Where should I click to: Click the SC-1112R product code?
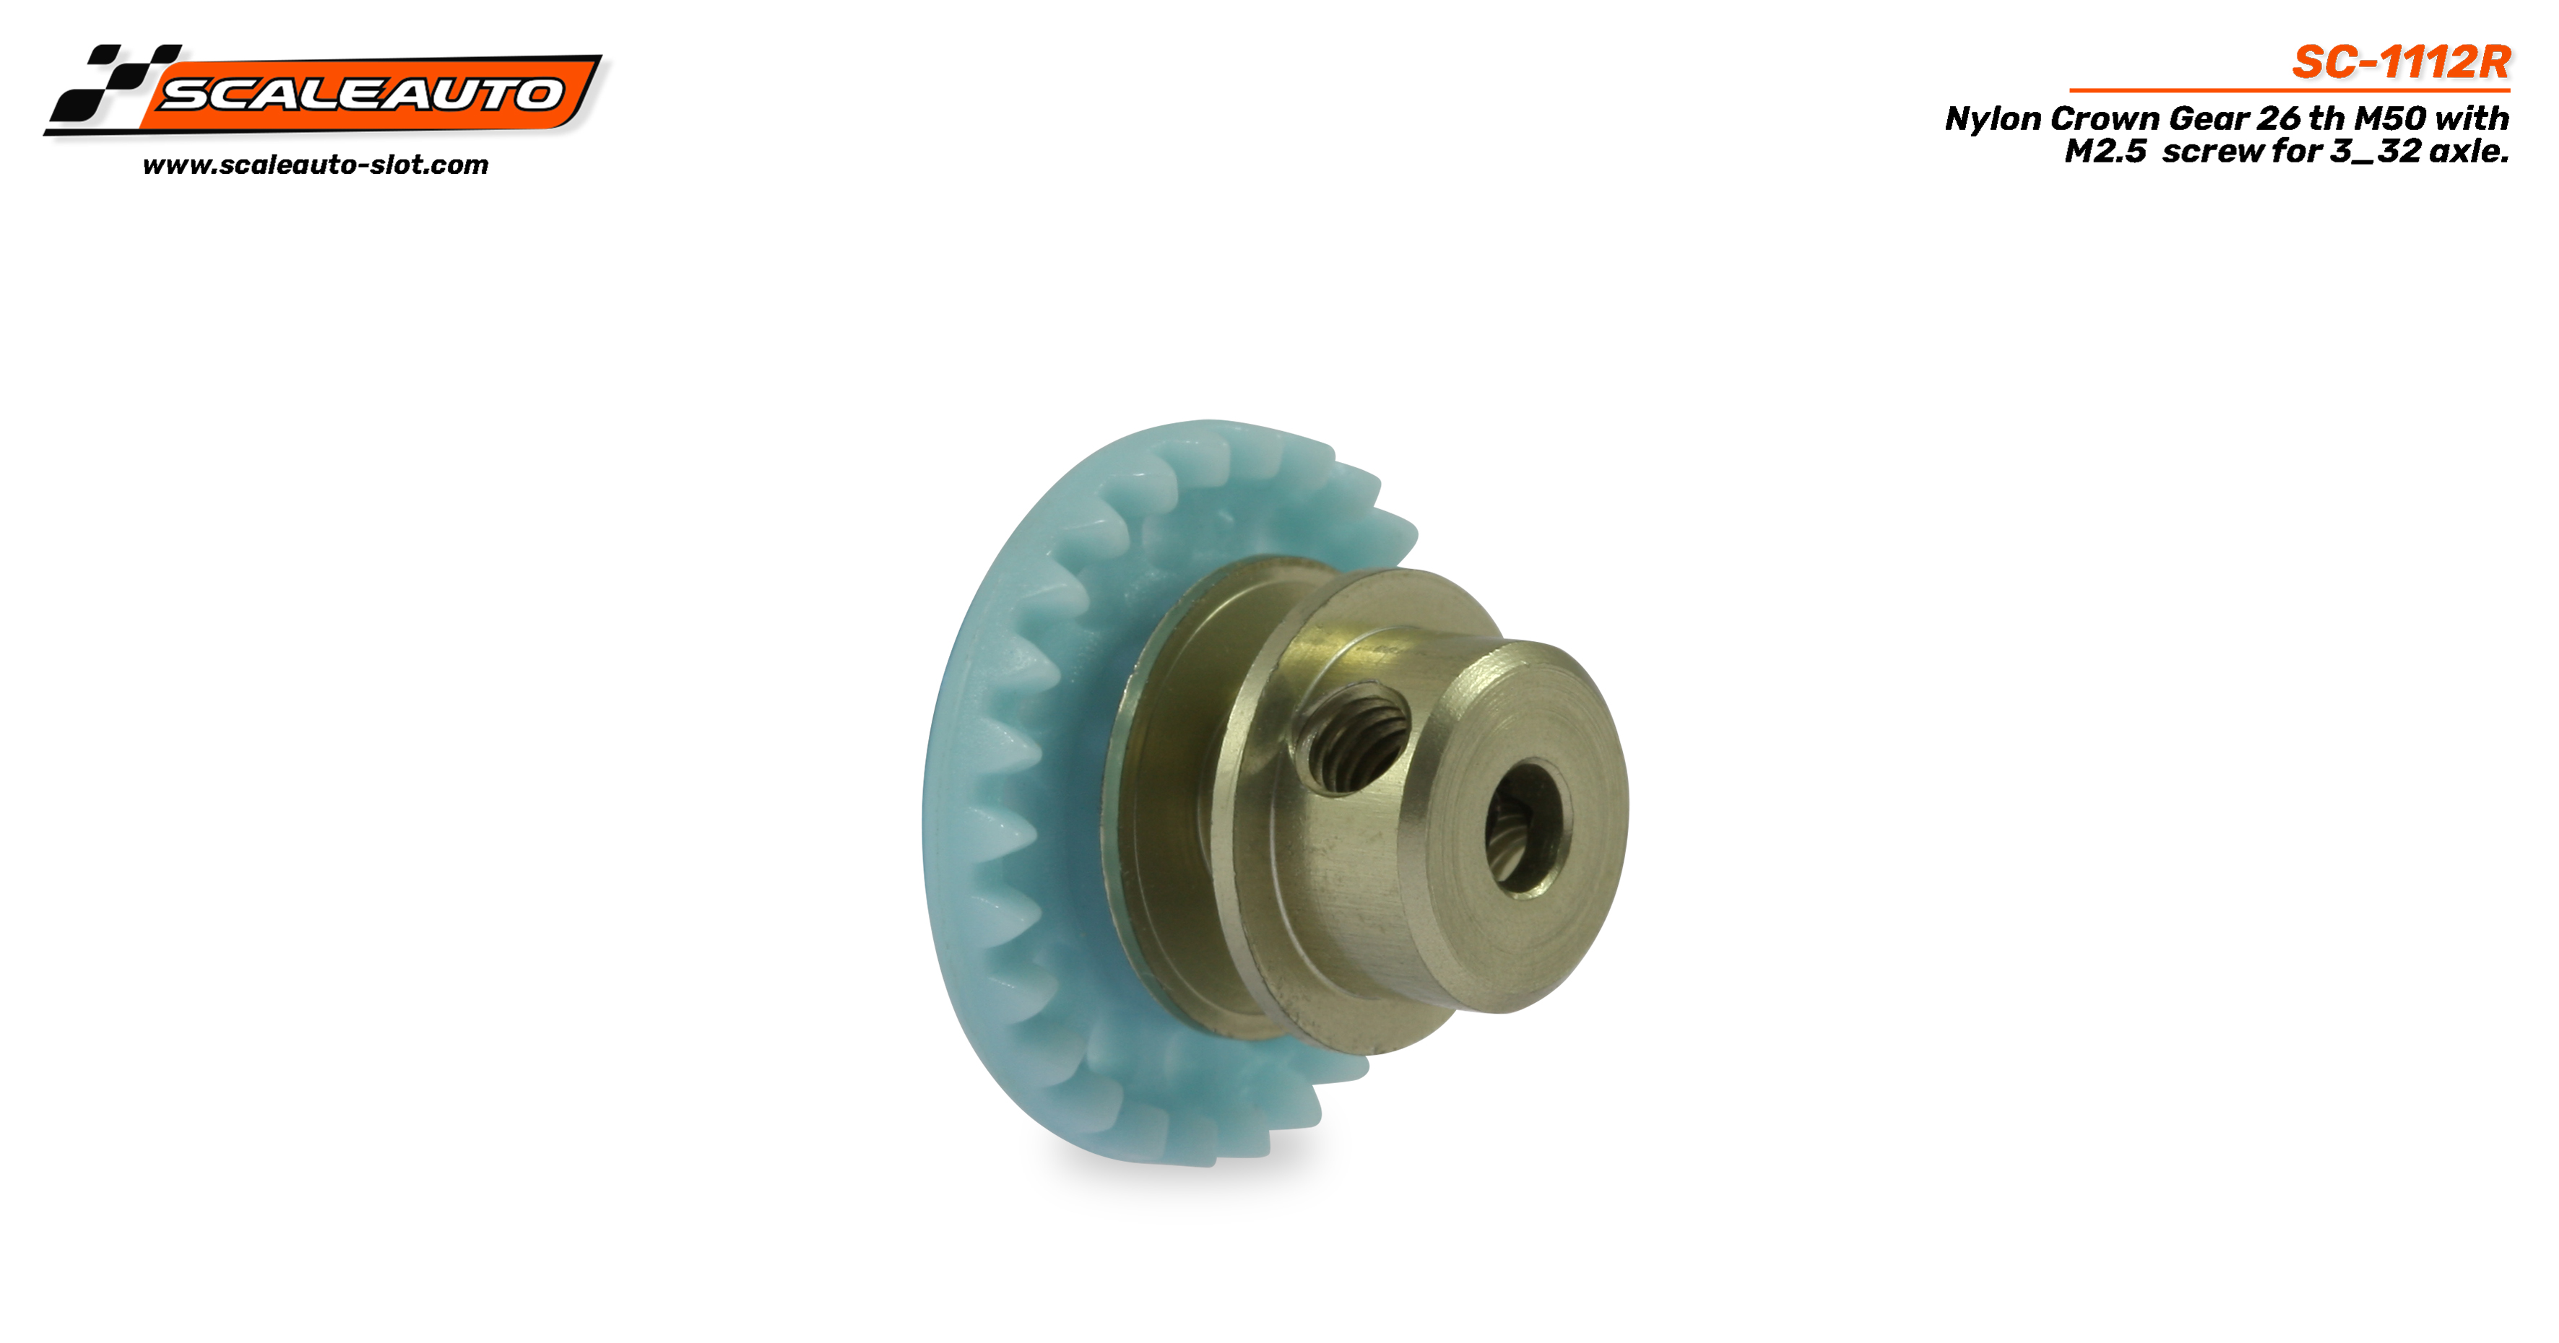pos(2401,63)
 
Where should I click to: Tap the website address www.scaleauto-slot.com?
pos(316,165)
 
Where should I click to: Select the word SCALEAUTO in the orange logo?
pos(360,95)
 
